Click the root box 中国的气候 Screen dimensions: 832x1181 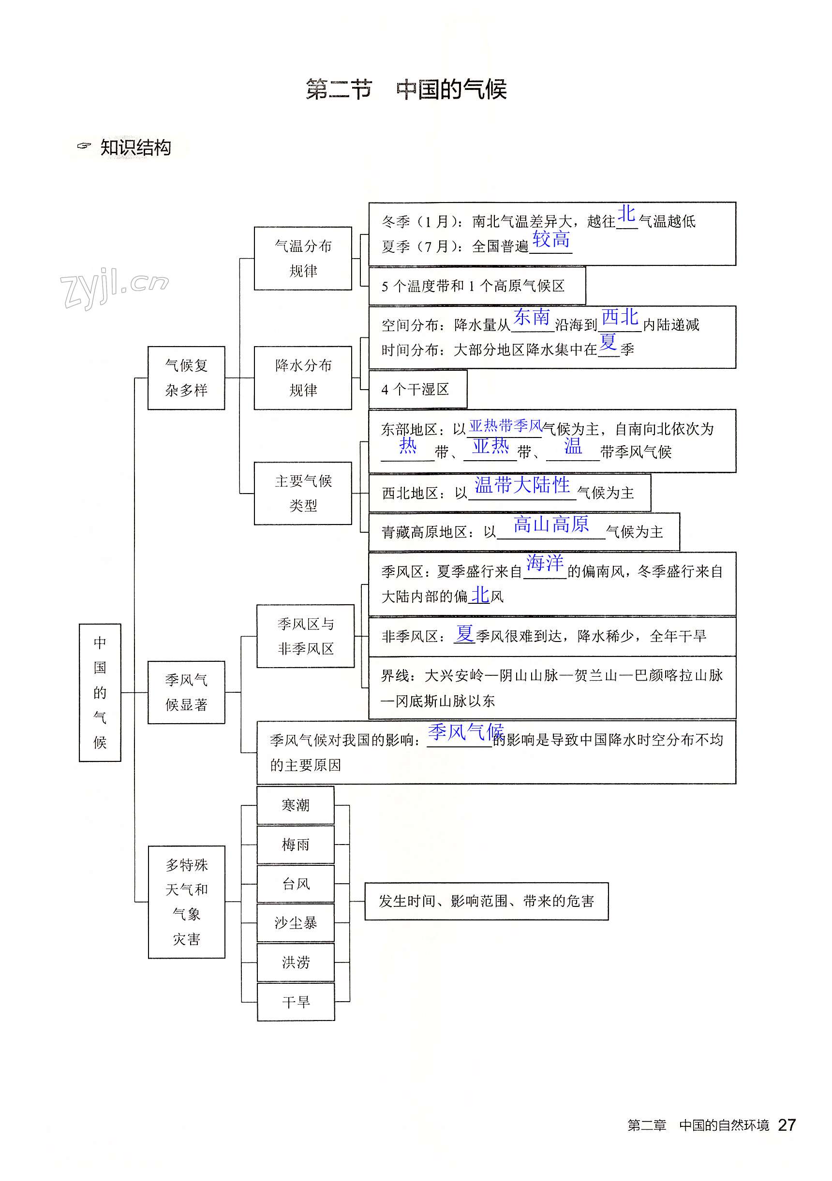(x=100, y=692)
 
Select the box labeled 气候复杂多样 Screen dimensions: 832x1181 (x=186, y=378)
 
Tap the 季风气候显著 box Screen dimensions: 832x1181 (x=186, y=692)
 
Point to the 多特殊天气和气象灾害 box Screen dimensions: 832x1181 (x=186, y=901)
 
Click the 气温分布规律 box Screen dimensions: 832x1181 (x=303, y=258)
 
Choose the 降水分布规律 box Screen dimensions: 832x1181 (x=303, y=378)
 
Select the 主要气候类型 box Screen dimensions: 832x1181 (x=303, y=493)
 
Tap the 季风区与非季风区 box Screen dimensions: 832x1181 (x=306, y=636)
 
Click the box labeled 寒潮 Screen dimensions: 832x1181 (x=296, y=805)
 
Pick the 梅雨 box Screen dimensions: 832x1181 (x=296, y=844)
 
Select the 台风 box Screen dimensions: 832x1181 (x=296, y=884)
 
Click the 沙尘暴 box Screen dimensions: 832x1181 (x=296, y=923)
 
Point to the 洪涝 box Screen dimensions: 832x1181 (x=296, y=962)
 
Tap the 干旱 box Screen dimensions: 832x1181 (x=296, y=1002)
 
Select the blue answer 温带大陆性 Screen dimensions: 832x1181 (x=522, y=484)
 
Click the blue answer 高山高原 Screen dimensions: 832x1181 (x=551, y=524)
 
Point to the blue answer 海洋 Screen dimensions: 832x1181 (x=545, y=562)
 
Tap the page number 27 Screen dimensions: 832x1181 (x=787, y=1125)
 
